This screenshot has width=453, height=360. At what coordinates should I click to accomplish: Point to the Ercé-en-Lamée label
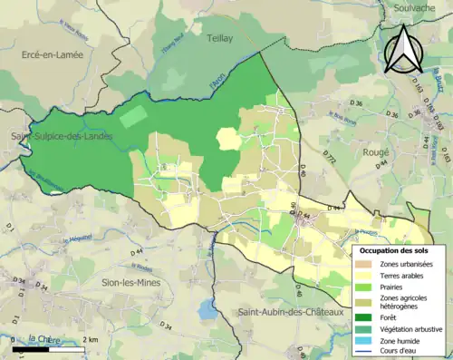coord(51,55)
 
